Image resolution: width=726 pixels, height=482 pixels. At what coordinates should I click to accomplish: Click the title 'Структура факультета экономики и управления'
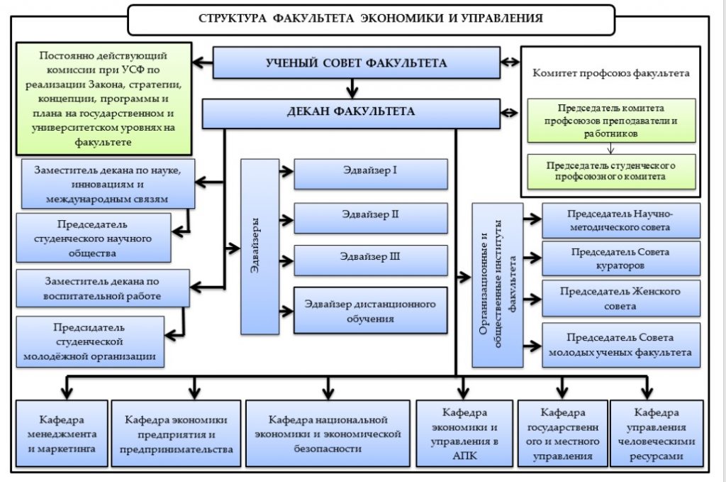coord(371,18)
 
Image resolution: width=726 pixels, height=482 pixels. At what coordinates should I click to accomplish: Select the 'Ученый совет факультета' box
coord(356,63)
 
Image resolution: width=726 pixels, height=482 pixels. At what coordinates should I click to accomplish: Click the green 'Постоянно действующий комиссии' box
coord(104,98)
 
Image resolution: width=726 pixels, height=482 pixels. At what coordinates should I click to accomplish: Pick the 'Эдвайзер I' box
coord(370,172)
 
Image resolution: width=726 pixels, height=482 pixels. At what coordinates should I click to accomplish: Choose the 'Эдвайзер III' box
coord(370,260)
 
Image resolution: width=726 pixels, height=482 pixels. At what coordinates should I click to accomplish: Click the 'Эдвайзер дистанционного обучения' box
coord(370,310)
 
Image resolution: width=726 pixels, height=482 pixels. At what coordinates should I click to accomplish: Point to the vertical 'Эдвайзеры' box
coord(259,246)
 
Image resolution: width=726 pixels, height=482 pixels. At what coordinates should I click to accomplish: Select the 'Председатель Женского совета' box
coord(620,298)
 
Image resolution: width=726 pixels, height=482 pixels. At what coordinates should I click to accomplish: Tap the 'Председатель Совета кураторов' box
coord(620,258)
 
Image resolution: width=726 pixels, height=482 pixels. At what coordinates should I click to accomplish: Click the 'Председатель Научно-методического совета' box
coord(620,220)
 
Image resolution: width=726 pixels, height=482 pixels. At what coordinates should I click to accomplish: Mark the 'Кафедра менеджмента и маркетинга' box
coord(62,432)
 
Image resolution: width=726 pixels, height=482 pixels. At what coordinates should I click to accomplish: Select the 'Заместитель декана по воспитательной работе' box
coord(102,287)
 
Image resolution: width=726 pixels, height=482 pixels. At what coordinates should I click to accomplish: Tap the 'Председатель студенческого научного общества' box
coord(94,238)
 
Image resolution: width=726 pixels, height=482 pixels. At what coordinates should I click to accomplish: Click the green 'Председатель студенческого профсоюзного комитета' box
coord(610,171)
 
